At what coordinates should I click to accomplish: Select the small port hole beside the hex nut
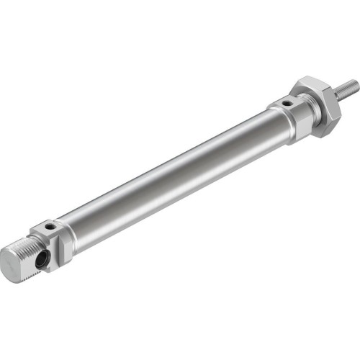click(x=287, y=104)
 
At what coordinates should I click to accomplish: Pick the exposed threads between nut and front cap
click(x=302, y=115)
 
